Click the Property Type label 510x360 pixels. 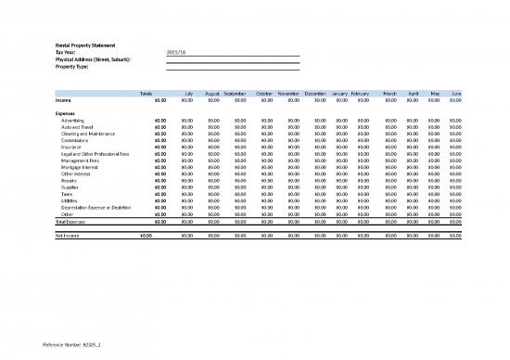[x=74, y=67]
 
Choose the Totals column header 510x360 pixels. [x=146, y=93]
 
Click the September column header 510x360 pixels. [x=235, y=93]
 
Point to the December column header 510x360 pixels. [x=315, y=93]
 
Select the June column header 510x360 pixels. [x=455, y=93]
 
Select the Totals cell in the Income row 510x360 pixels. [x=159, y=99]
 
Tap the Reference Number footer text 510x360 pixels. [x=65, y=346]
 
